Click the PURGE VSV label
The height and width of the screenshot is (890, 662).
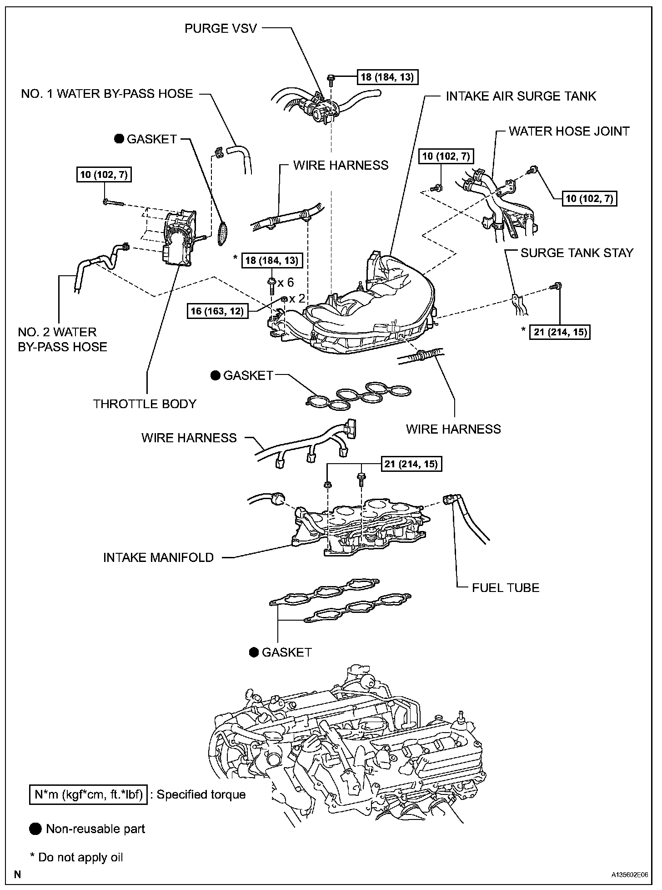[221, 28]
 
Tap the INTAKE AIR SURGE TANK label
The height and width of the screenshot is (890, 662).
[521, 96]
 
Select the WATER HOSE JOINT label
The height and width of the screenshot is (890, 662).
[569, 131]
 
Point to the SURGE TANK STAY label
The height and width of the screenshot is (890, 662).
[577, 253]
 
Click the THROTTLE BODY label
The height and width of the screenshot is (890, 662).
[145, 404]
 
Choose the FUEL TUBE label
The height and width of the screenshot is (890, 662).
[506, 587]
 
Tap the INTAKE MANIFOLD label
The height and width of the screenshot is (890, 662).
[158, 557]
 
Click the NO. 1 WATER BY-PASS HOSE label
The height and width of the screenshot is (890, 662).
[107, 94]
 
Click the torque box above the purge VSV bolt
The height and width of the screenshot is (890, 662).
[387, 77]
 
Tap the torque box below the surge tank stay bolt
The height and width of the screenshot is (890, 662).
[560, 332]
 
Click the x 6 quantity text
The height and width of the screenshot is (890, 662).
[286, 282]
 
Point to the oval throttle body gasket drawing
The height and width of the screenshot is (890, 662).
[223, 232]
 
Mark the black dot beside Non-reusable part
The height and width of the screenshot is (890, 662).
[35, 829]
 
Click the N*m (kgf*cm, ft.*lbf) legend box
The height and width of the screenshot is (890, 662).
[88, 794]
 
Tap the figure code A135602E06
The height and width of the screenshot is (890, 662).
[629, 875]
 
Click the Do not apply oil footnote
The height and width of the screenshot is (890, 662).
[76, 857]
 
